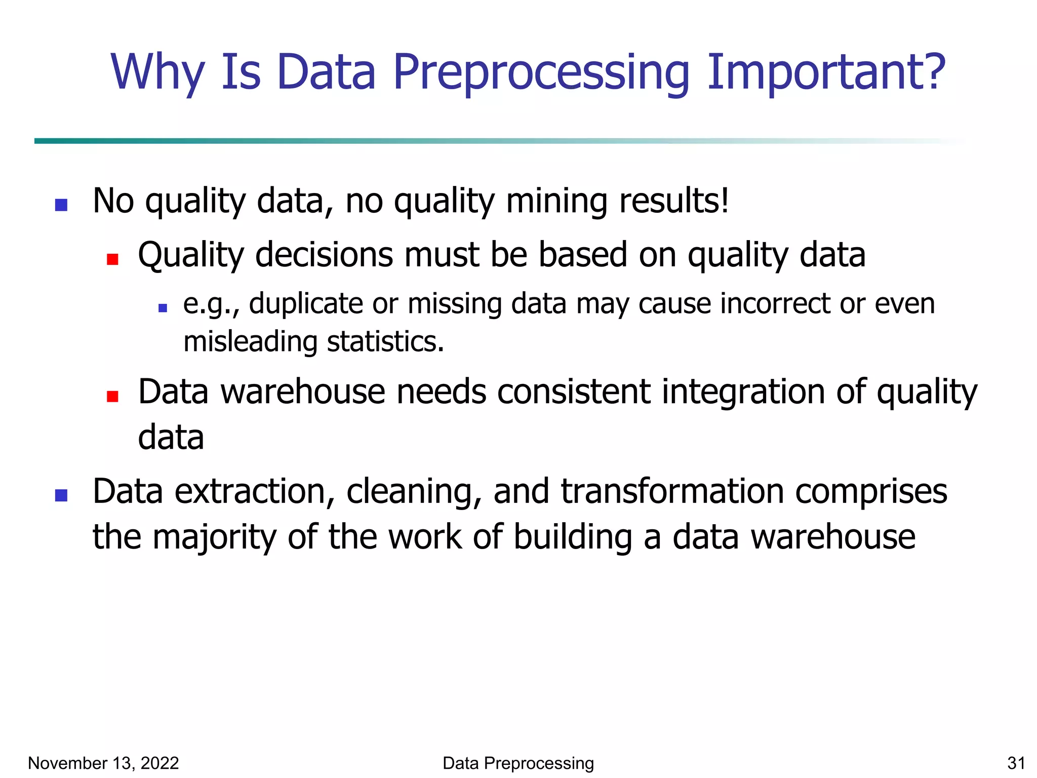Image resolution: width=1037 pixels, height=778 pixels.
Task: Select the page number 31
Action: pos(1016,763)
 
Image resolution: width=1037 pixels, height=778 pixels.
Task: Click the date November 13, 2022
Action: pos(103,763)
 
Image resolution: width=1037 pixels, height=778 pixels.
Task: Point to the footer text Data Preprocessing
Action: pos(518,763)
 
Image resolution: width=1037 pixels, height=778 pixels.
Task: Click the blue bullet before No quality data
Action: pos(61,205)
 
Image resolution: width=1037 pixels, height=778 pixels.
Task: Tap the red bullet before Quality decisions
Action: pos(112,259)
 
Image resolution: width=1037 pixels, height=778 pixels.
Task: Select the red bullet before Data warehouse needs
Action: pos(112,396)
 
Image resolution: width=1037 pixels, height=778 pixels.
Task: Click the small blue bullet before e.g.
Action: pos(163,307)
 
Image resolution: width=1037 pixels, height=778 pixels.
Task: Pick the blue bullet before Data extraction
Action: pos(61,495)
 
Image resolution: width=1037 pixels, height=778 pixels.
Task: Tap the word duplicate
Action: pos(306,304)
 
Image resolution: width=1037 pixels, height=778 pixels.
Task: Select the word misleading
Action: pos(250,342)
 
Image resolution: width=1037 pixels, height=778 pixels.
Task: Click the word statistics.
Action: pos(385,342)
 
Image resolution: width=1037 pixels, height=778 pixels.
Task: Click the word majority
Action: pos(214,537)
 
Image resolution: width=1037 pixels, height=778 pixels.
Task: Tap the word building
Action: pos(573,537)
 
